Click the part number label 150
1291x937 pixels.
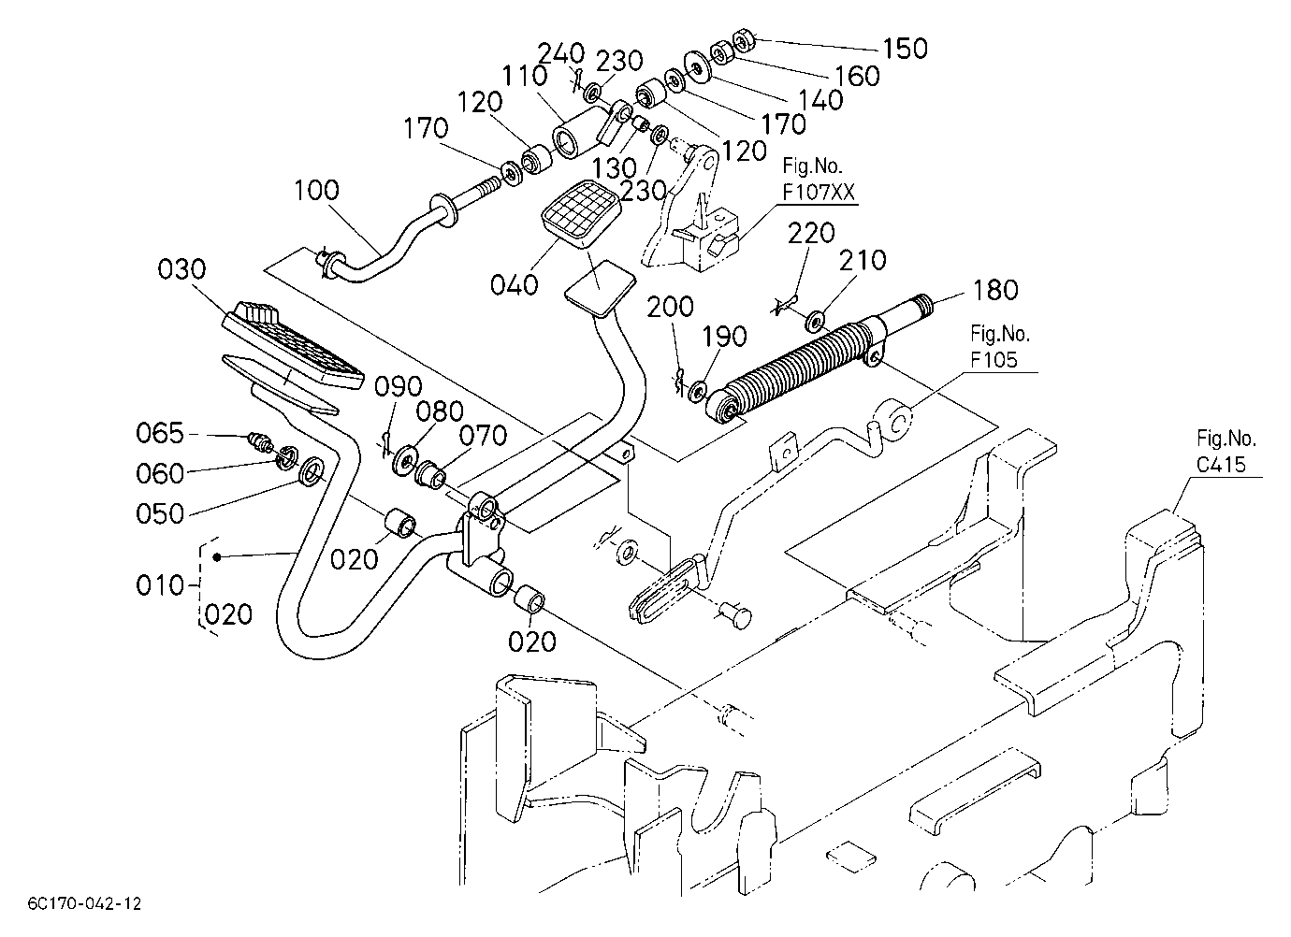pos(906,49)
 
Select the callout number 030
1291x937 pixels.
pos(181,269)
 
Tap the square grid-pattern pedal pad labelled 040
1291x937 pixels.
pos(581,214)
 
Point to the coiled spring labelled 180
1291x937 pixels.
pos(796,374)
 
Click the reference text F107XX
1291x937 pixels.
pos(819,192)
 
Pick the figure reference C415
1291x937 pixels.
pos(1221,464)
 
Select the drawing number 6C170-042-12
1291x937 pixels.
pos(85,903)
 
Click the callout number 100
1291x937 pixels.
pos(316,190)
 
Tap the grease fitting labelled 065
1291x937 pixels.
pos(260,442)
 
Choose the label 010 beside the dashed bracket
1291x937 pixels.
pos(160,585)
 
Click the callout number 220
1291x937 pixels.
pos(811,234)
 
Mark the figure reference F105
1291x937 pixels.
pos(994,360)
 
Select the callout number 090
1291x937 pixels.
pos(399,386)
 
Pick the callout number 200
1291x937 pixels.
pos(670,307)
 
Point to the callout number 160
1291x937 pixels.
pos(858,76)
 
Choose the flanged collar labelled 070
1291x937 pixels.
pos(431,474)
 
